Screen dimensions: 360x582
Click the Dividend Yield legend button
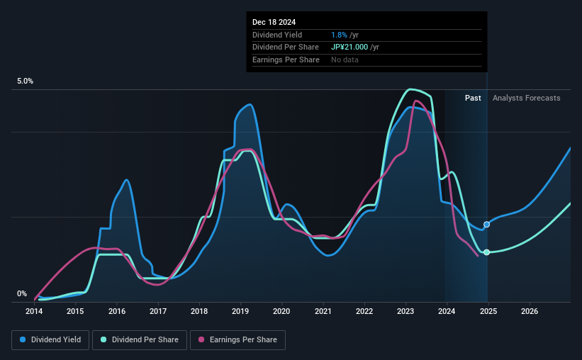point(50,340)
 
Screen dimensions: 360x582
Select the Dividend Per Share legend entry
point(140,340)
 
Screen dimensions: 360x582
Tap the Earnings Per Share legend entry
point(237,340)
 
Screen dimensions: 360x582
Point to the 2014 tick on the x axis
point(35,311)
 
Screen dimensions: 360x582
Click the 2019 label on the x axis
point(240,311)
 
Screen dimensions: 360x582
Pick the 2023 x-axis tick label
point(405,311)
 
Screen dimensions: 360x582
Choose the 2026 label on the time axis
point(529,311)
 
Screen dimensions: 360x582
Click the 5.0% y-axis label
point(26,81)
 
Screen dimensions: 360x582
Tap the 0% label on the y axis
point(22,294)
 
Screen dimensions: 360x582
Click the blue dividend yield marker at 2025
point(486,225)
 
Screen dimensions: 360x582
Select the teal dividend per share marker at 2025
point(486,252)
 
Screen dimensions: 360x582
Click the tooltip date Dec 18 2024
point(276,22)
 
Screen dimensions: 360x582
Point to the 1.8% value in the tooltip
point(338,35)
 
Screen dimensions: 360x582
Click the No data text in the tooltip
point(345,60)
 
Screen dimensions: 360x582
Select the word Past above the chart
point(473,98)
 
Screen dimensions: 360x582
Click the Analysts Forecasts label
point(526,98)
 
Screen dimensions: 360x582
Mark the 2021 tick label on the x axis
point(323,311)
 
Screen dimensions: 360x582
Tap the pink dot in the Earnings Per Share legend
point(201,340)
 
